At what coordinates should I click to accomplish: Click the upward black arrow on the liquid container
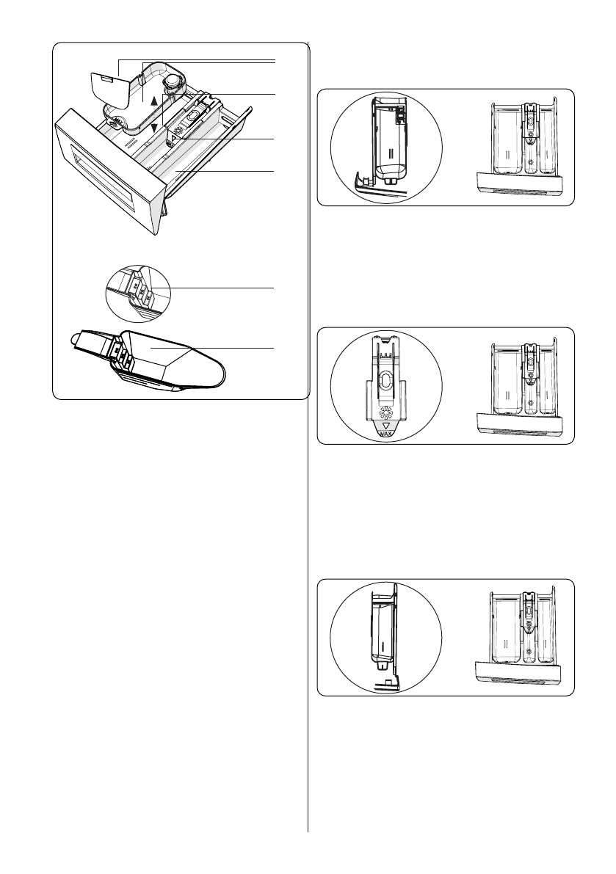point(152,101)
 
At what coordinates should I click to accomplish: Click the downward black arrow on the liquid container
point(152,125)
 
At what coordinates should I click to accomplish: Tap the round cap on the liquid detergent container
point(174,81)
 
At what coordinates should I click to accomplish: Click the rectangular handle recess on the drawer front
point(109,176)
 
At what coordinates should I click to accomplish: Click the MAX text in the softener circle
point(386,432)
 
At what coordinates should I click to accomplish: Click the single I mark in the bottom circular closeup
point(381,646)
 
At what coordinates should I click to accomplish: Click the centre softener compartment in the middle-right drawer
point(529,382)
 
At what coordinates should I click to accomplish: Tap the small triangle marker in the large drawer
point(174,136)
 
